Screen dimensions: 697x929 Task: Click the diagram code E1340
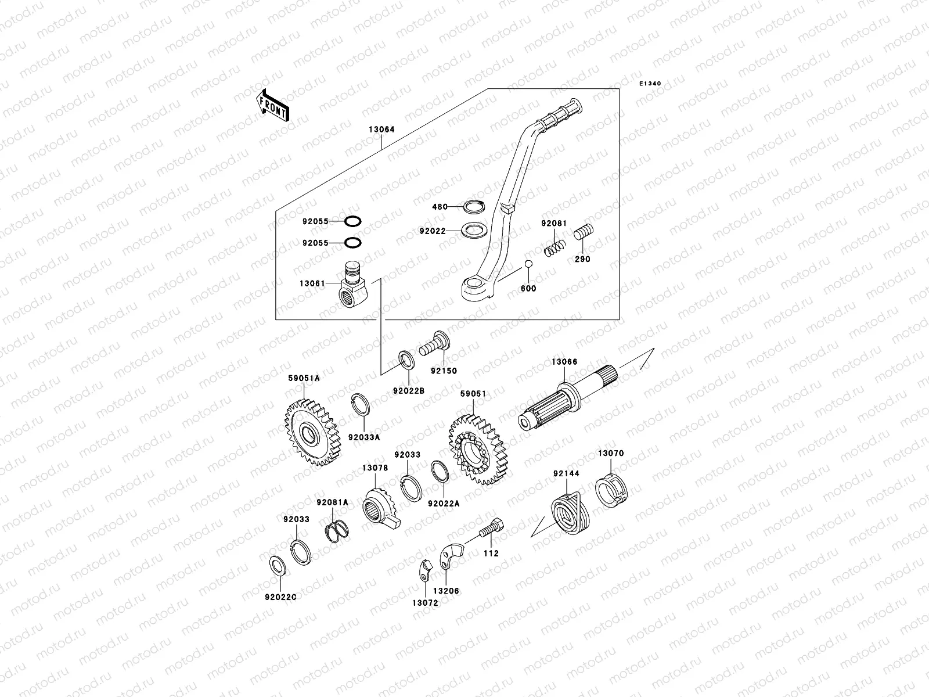point(650,84)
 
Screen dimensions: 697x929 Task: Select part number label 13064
point(381,130)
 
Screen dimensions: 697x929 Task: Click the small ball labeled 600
point(528,265)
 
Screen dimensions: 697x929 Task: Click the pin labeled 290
point(582,235)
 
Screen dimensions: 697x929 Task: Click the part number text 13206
point(445,591)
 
